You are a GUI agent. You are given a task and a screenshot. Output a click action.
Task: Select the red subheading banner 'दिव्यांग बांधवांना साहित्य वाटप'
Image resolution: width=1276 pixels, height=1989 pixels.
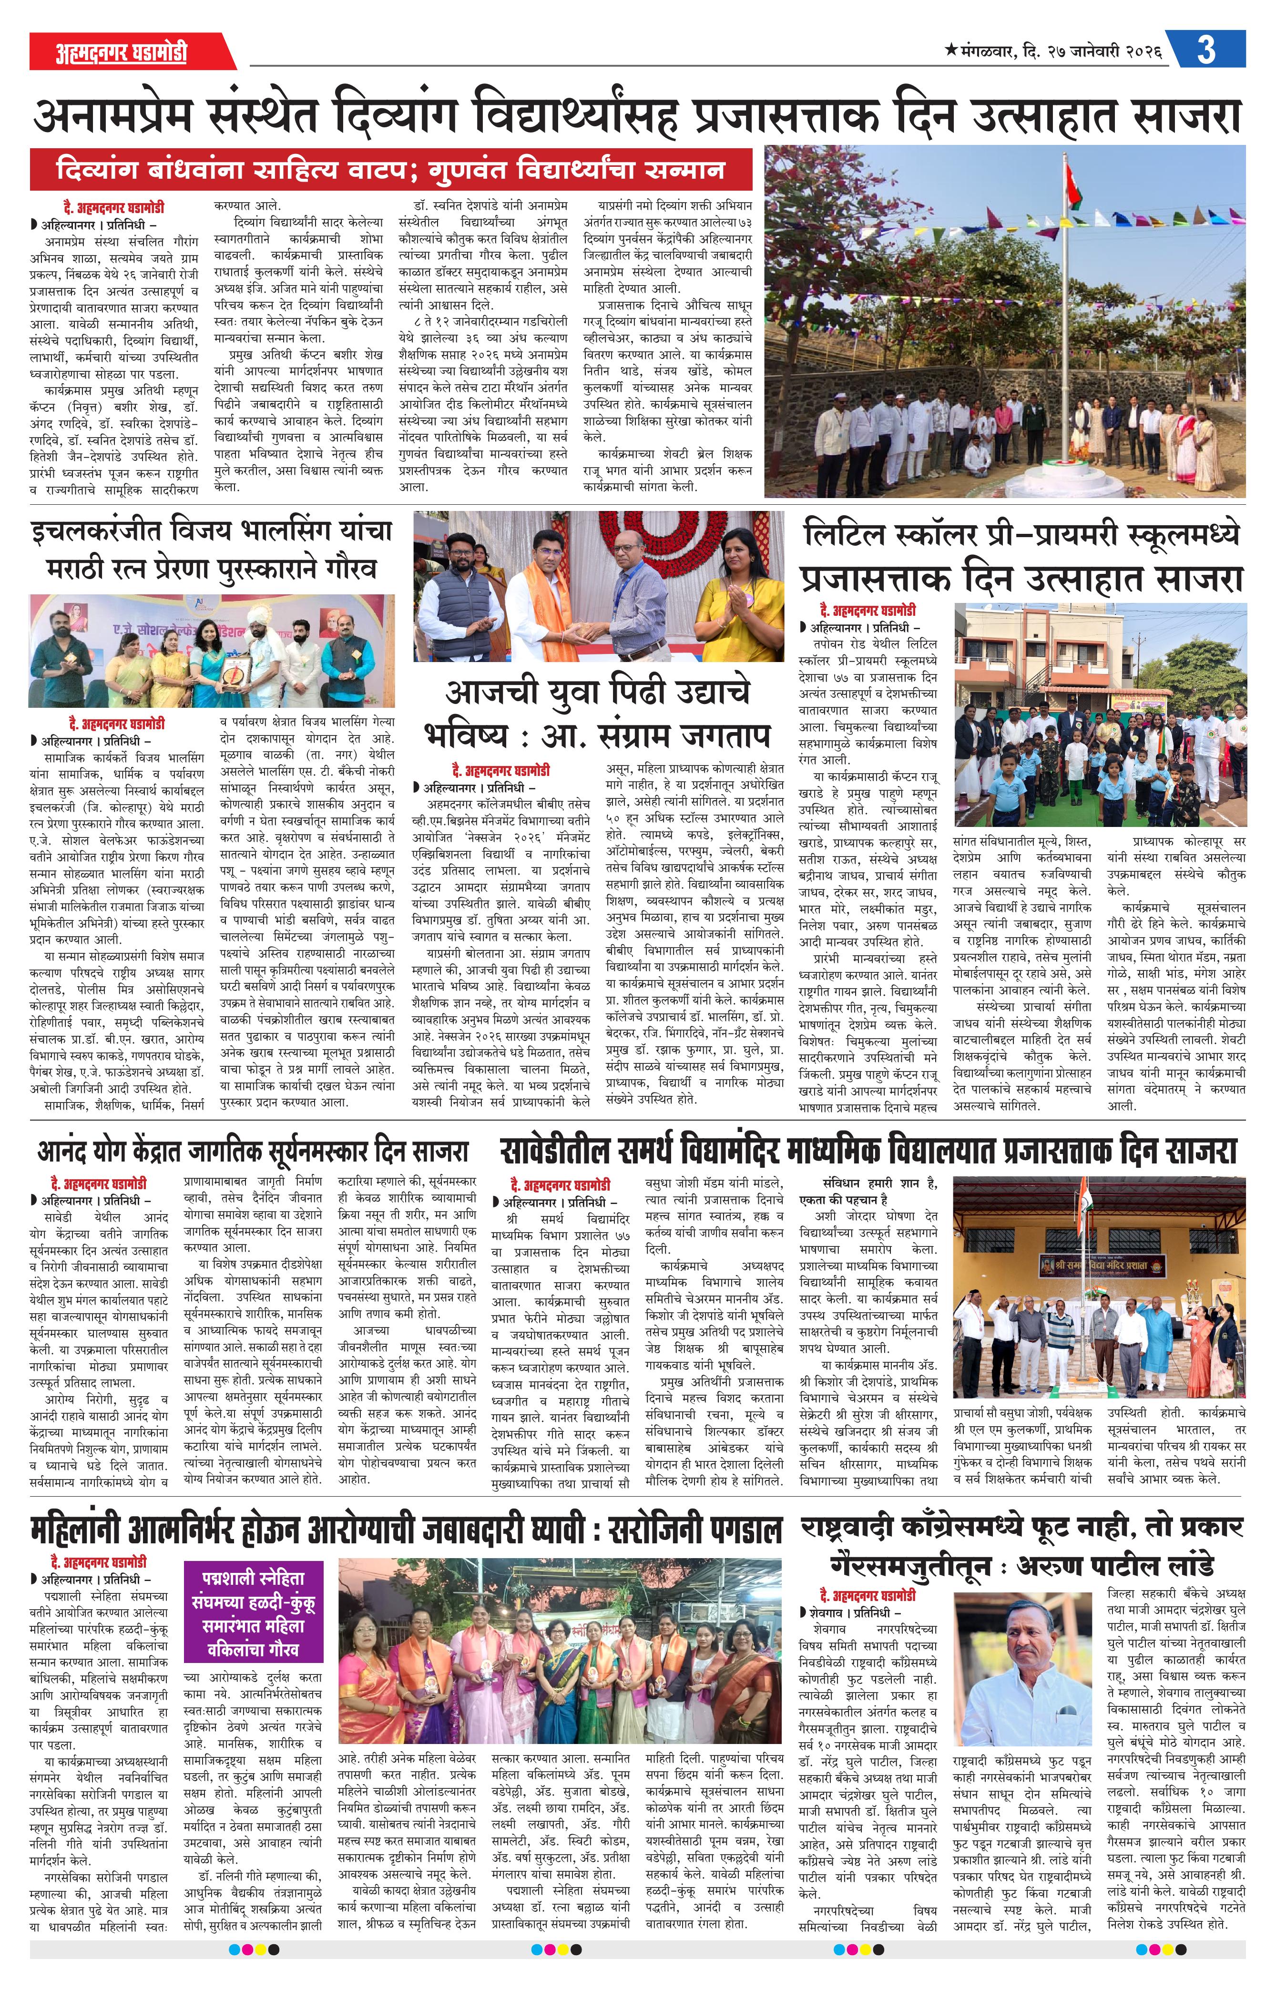[x=391, y=170]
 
